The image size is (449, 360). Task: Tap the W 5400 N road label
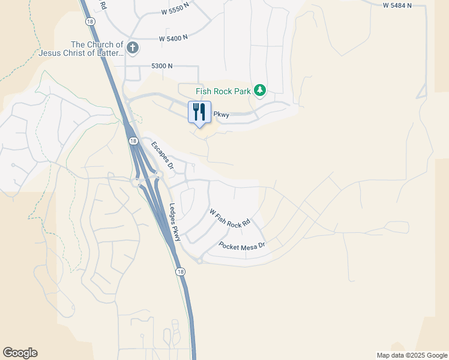pyautogui.click(x=173, y=37)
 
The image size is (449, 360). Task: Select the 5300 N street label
pyautogui.click(x=162, y=65)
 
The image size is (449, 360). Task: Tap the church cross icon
pyautogui.click(x=133, y=47)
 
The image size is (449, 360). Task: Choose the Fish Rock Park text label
pyautogui.click(x=223, y=91)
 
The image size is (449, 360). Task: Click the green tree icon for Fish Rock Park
pyautogui.click(x=259, y=91)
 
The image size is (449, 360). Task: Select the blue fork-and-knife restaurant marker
pyautogui.click(x=199, y=112)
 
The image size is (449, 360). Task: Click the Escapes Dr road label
pyautogui.click(x=162, y=155)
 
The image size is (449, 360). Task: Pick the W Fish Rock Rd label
pyautogui.click(x=229, y=218)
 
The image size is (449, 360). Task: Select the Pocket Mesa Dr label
pyautogui.click(x=242, y=246)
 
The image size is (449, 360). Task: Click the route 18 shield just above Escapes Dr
pyautogui.click(x=131, y=140)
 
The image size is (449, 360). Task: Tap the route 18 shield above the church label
pyautogui.click(x=90, y=21)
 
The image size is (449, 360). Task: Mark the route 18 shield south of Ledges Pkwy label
pyautogui.click(x=181, y=272)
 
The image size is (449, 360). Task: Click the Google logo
pyautogui.click(x=20, y=353)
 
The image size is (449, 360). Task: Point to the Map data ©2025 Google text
pyautogui.click(x=411, y=355)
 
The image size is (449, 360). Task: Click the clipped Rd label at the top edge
pyautogui.click(x=103, y=5)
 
